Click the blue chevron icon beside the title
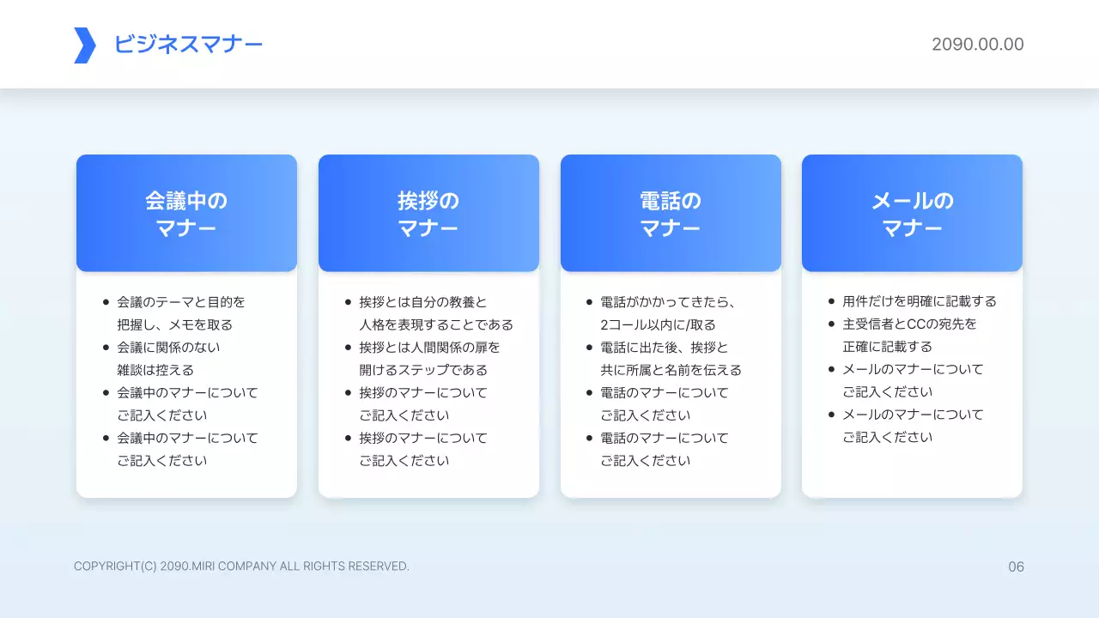point(84,45)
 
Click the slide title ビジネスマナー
point(188,45)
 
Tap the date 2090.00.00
point(977,45)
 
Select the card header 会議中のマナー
point(186,214)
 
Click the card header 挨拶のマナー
point(428,214)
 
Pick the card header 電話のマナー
point(671,214)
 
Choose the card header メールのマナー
point(912,214)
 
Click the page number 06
point(1016,566)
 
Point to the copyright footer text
point(241,566)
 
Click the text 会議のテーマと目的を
point(181,302)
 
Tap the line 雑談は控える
point(155,370)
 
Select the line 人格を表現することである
point(436,324)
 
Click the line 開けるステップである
point(423,370)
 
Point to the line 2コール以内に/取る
point(658,324)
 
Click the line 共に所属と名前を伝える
point(671,370)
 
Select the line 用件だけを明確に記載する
point(920,301)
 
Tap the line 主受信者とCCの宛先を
point(909,324)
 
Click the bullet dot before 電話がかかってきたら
point(589,302)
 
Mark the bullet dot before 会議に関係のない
point(106,348)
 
